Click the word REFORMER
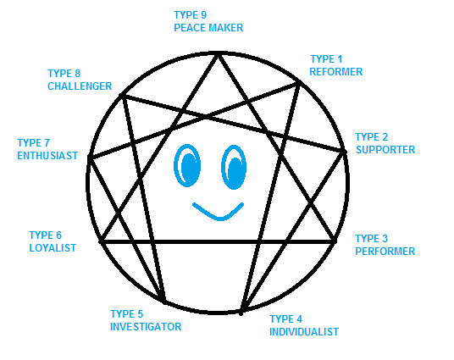336,72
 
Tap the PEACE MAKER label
208,28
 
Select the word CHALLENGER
80,86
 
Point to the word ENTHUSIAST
47,156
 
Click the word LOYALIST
53,248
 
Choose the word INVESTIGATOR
146,327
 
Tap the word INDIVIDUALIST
304,332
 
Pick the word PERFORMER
385,251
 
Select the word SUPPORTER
385,150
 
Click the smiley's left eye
187,166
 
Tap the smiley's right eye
234,168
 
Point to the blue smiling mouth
219,213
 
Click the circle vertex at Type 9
218,54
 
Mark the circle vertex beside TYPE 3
335,241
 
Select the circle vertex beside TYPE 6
101,241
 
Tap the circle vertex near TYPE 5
164,302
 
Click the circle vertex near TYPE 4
241,313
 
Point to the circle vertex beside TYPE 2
344,151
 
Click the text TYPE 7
34,143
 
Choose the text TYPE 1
326,59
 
